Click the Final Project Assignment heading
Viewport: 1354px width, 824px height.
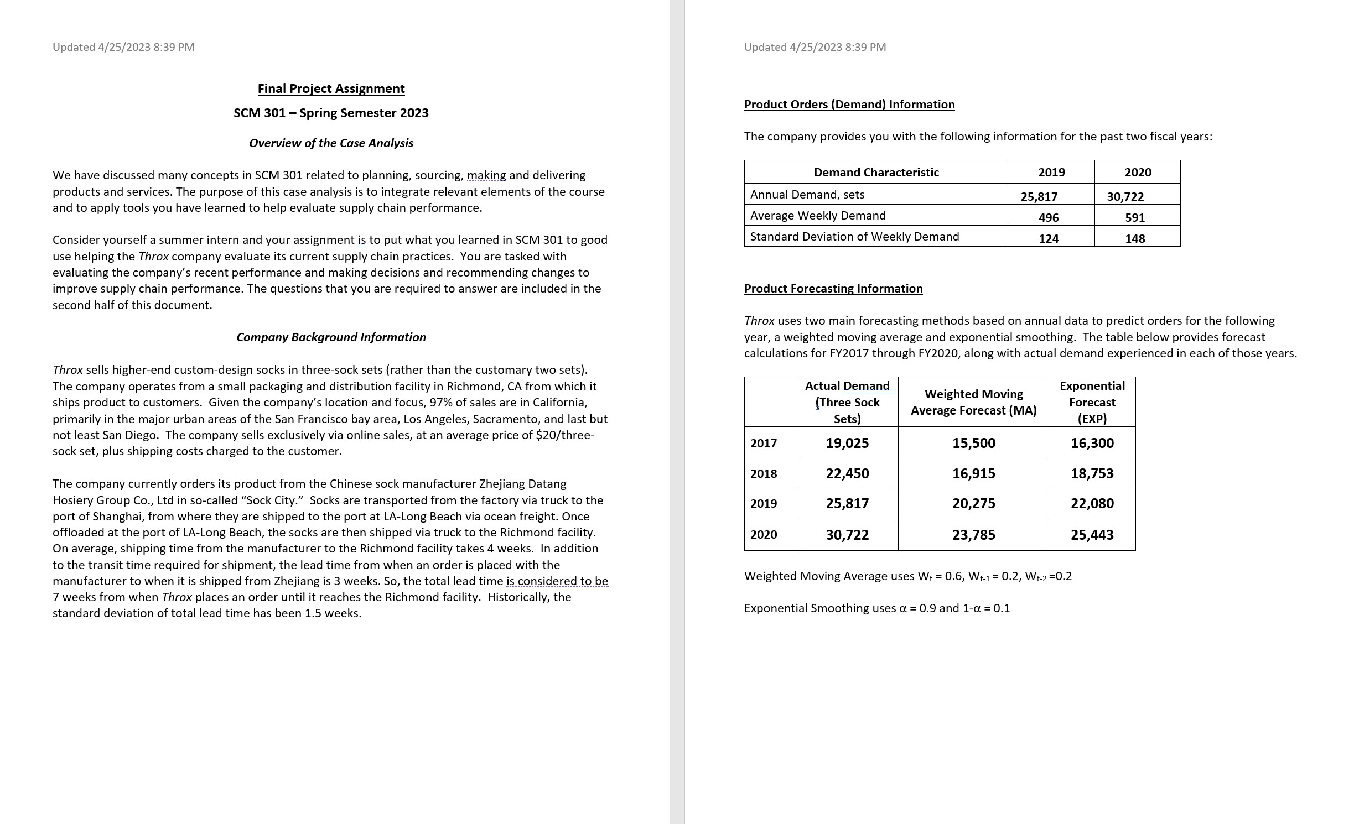(331, 88)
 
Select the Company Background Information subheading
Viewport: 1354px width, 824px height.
(331, 337)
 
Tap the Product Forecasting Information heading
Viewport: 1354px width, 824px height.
(833, 289)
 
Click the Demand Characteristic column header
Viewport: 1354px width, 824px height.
(876, 173)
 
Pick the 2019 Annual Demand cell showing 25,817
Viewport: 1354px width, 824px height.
(1039, 196)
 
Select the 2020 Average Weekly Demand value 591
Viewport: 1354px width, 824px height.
(1134, 217)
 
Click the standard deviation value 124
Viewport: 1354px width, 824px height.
(1048, 238)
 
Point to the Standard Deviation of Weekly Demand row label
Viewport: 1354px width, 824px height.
(854, 237)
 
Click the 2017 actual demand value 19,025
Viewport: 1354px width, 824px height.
(847, 443)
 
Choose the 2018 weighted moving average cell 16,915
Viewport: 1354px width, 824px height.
(973, 473)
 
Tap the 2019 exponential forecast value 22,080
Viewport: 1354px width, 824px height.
(1091, 503)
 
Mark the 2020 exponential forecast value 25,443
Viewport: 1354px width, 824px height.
(1091, 535)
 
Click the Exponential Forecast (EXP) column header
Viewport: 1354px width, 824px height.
(1091, 402)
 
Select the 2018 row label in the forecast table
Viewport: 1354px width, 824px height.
(763, 473)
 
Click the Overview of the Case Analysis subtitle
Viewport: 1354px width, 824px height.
(331, 143)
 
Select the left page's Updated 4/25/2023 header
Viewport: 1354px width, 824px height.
(123, 47)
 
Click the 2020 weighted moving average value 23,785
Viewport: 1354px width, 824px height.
(973, 535)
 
